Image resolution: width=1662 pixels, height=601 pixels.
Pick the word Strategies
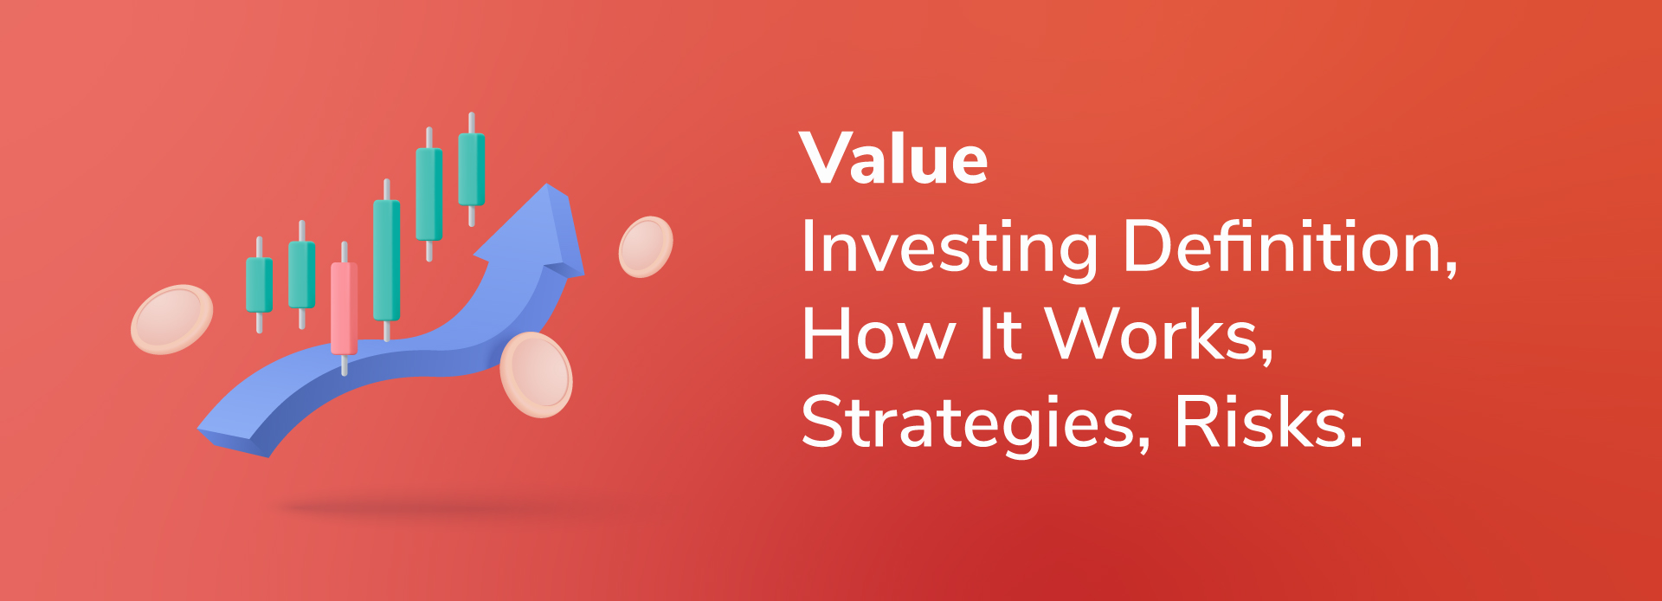pyautogui.click(x=977, y=424)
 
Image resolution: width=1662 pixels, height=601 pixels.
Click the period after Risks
pyautogui.click(x=1356, y=440)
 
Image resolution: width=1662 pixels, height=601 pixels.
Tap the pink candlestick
pyautogui.click(x=344, y=308)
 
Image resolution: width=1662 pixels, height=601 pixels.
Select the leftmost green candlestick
pyautogui.click(x=260, y=284)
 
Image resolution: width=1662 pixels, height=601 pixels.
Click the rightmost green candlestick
pyautogui.click(x=471, y=169)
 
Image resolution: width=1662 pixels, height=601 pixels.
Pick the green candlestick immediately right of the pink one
pyautogui.click(x=386, y=260)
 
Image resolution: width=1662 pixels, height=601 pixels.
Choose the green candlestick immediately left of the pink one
pyautogui.click(x=301, y=275)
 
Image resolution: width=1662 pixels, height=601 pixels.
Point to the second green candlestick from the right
pyautogui.click(x=429, y=194)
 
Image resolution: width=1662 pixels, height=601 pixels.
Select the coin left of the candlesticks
pyautogui.click(x=171, y=319)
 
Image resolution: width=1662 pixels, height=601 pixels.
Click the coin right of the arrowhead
pyautogui.click(x=646, y=247)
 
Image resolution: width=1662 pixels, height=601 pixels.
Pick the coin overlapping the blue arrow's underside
pyautogui.click(x=536, y=374)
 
